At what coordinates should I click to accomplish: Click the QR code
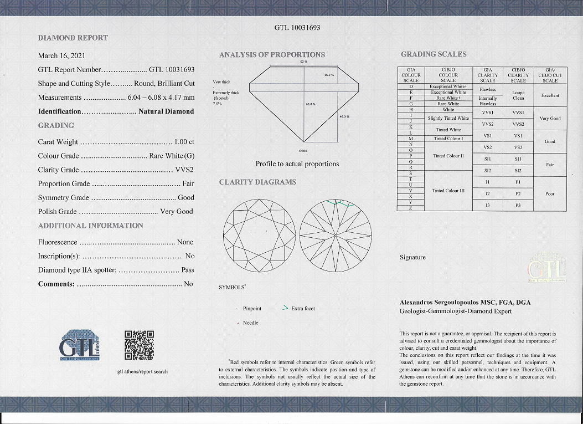(x=139, y=345)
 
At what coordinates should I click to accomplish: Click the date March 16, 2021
(x=61, y=55)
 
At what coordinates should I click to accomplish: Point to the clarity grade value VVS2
(x=184, y=170)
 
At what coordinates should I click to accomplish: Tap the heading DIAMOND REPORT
(x=73, y=38)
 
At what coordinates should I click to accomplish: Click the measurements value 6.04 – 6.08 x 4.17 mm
(x=161, y=98)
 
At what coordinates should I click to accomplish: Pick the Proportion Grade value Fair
(x=188, y=183)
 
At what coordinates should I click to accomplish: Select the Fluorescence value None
(x=185, y=242)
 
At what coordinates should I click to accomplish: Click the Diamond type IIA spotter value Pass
(x=188, y=270)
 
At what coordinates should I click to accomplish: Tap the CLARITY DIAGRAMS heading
(x=257, y=182)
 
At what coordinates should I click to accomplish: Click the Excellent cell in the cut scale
(x=550, y=95)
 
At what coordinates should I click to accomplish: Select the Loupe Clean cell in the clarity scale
(x=518, y=95)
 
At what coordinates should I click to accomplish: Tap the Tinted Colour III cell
(x=448, y=191)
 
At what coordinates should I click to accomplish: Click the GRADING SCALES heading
(x=434, y=54)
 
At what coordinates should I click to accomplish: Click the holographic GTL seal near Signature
(x=547, y=269)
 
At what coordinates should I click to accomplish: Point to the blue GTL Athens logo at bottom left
(x=80, y=345)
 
